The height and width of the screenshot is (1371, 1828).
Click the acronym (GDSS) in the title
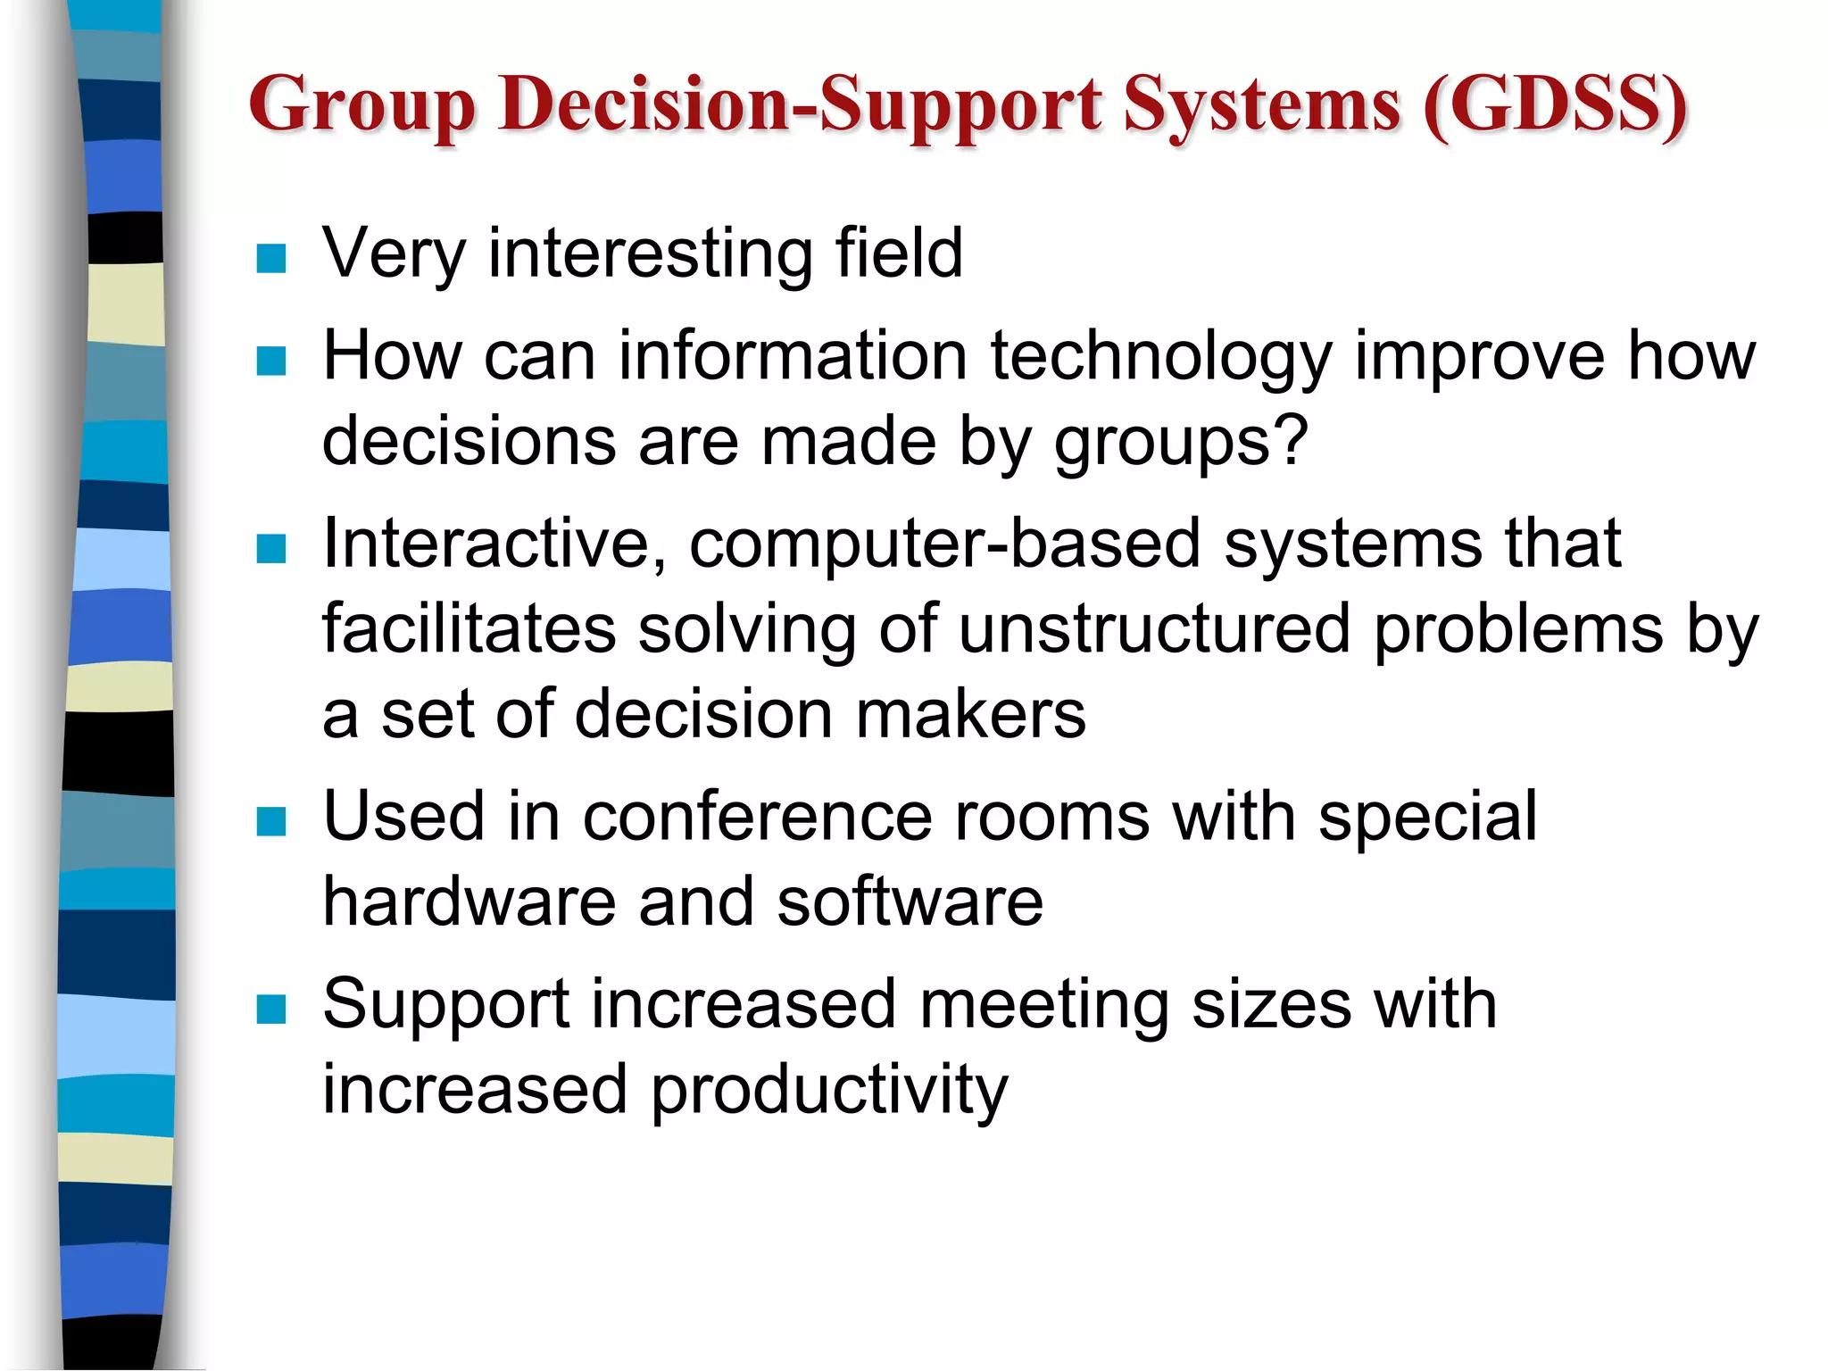1555,105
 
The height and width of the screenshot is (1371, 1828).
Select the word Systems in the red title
1261,105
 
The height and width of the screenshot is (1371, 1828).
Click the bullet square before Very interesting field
270,259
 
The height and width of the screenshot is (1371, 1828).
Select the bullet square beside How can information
270,361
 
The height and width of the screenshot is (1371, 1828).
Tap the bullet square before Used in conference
270,821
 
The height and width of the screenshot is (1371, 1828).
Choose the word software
909,902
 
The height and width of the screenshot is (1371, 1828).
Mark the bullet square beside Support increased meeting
270,1010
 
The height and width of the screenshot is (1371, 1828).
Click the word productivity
828,1091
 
